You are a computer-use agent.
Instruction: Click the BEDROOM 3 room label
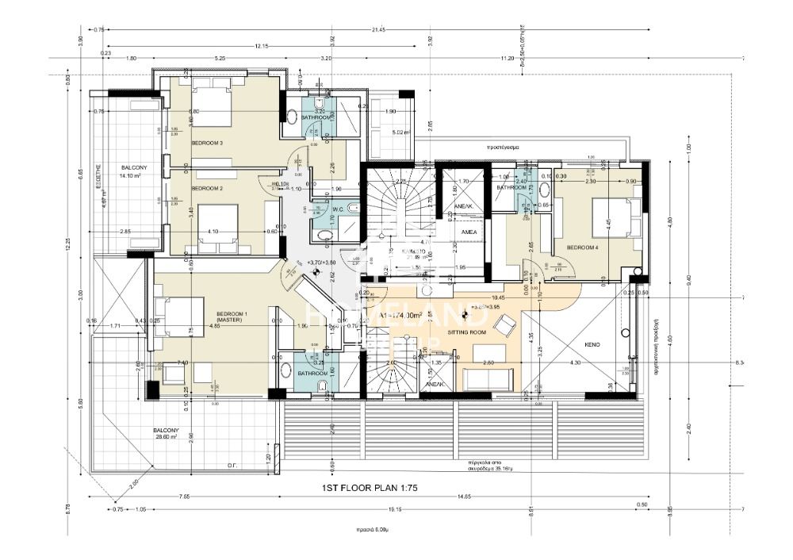coord(207,143)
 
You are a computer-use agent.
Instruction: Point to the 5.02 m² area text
coord(398,132)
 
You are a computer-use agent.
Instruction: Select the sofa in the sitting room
coord(488,379)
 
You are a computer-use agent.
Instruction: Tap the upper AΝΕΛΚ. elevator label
coord(462,206)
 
